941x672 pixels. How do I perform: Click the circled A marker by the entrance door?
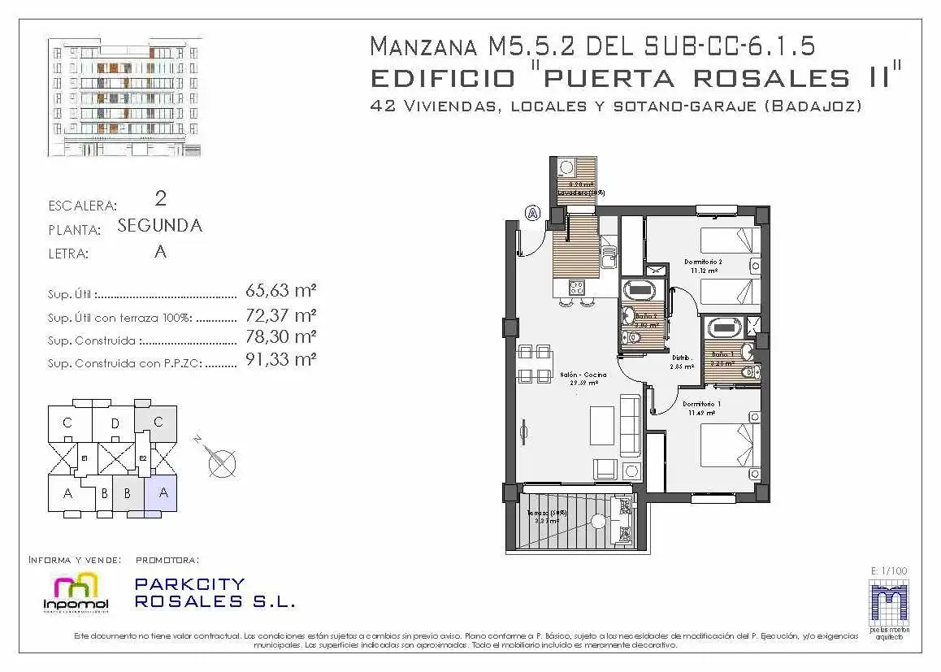pos(532,213)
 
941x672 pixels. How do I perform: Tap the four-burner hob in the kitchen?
pos(577,286)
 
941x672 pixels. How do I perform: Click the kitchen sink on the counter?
pos(607,260)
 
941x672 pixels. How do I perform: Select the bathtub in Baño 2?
pos(642,290)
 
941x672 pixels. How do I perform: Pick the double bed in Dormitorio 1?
pos(731,445)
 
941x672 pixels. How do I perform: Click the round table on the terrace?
pos(599,522)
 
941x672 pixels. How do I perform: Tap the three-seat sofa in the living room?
pos(630,424)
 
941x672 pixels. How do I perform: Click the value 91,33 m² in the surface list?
pos(280,359)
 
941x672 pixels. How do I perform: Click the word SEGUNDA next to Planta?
pos(159,226)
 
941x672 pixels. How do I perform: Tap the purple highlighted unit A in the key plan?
pos(163,492)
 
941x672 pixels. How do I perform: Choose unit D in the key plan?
pos(115,423)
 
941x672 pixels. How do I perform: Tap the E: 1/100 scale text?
pos(888,571)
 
